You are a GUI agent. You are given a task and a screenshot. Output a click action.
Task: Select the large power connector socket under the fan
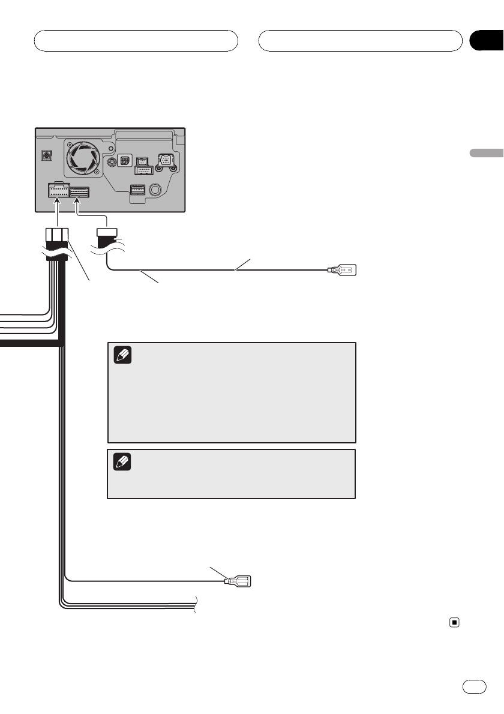[x=57, y=191]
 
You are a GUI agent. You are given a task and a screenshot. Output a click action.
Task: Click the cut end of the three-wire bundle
[x=196, y=602]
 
